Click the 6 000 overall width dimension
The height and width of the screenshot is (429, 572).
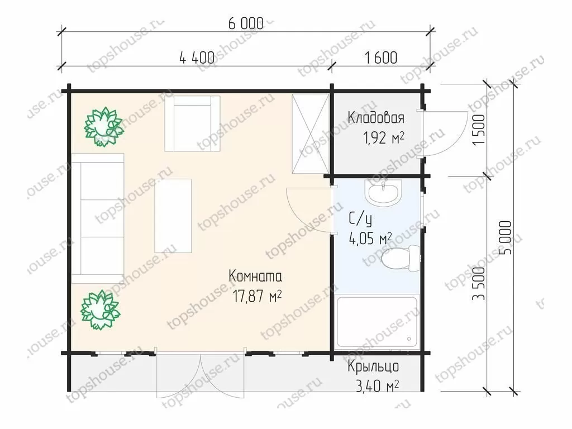(x=246, y=23)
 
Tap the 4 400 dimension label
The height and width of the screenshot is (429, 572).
(x=197, y=58)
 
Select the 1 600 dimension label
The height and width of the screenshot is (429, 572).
(x=381, y=58)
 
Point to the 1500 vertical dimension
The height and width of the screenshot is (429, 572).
(x=479, y=130)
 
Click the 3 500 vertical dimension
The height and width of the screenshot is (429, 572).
(x=479, y=283)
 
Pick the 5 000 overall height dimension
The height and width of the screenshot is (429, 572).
(x=507, y=237)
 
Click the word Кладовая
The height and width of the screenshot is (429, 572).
(x=376, y=118)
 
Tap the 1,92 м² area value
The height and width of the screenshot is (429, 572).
(x=383, y=137)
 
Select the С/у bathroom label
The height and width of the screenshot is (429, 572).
(x=360, y=219)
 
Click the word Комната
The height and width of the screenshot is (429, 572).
(x=255, y=276)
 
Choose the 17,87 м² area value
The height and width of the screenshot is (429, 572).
(x=257, y=296)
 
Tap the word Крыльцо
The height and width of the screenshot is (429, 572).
(x=373, y=366)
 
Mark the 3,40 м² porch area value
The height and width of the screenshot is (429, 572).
(x=377, y=386)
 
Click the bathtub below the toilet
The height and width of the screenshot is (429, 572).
(x=377, y=322)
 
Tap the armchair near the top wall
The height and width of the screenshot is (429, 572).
(x=192, y=123)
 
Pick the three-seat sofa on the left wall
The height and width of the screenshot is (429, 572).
(x=98, y=218)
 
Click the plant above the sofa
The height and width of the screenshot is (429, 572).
(x=103, y=127)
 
